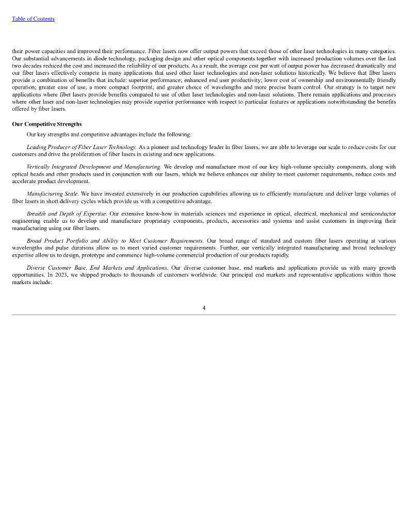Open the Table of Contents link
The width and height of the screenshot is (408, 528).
(33, 19)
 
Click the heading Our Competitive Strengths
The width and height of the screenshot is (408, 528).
(47, 124)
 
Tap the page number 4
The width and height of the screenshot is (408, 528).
(204, 308)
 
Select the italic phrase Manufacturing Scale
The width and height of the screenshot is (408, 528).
(53, 194)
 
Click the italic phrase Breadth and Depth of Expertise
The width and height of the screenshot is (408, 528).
(67, 213)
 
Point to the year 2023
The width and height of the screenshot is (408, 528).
(70, 275)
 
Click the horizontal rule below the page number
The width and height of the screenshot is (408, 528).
(204, 315)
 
